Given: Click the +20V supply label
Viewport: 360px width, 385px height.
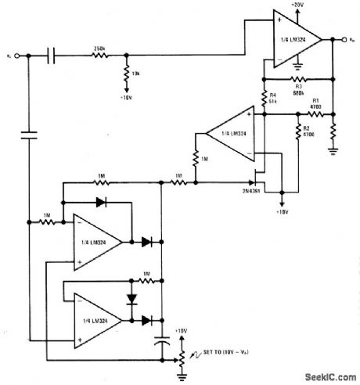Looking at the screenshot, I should click(297, 6).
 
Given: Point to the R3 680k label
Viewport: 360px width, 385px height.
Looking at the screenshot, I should click(298, 90).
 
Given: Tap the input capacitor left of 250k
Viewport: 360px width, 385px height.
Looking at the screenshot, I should click(52, 56).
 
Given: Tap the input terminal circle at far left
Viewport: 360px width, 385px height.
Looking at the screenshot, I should click(27, 56).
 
